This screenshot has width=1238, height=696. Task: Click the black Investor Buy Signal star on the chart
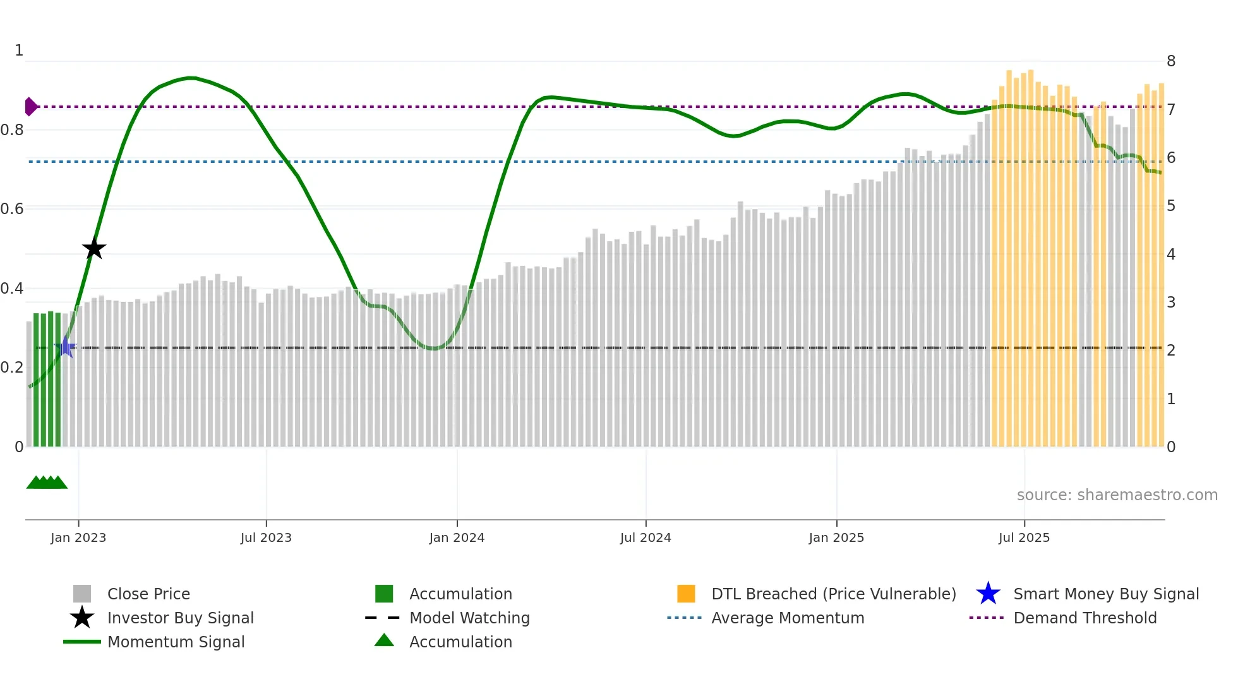pos(93,248)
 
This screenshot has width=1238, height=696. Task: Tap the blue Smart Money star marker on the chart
pos(65,347)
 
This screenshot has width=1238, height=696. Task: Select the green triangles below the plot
pos(47,483)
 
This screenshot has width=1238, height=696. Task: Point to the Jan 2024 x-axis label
pos(457,537)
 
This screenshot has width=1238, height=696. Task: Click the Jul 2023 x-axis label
pos(266,537)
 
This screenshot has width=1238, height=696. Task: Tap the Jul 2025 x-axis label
pos(1024,537)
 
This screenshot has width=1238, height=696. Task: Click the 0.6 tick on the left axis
pos(12,209)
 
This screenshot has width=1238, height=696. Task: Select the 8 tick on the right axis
pos(1171,61)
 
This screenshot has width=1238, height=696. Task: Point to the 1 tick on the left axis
pos(19,51)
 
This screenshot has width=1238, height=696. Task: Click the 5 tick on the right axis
pos(1171,206)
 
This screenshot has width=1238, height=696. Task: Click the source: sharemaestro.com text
pos(1117,495)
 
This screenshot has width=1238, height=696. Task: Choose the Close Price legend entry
pos(148,594)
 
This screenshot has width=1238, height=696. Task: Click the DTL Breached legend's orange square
pos(686,594)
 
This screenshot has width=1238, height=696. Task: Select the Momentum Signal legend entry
pos(176,642)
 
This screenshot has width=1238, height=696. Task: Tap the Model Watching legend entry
pos(469,618)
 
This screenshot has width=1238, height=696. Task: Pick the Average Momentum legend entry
pos(788,618)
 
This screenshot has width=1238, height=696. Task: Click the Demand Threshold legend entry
pos(1085,618)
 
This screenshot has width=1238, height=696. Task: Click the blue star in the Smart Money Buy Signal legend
pos(988,594)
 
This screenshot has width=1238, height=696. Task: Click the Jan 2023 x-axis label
pos(78,537)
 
